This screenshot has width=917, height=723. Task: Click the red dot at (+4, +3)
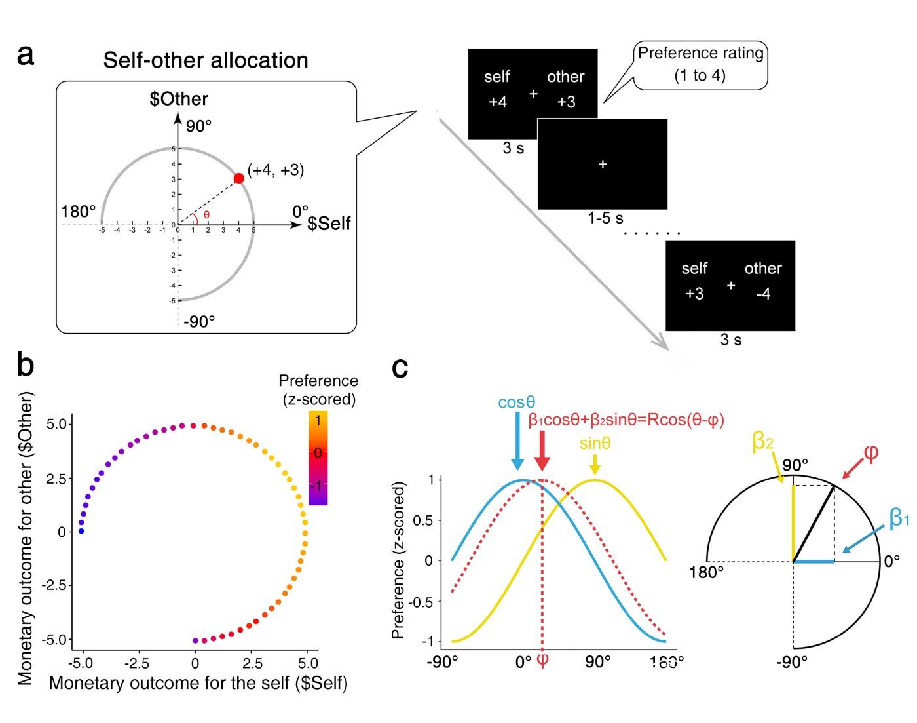[x=239, y=178]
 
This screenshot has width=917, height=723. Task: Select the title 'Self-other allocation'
[x=206, y=60]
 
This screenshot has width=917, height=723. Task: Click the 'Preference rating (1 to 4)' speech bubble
[x=700, y=64]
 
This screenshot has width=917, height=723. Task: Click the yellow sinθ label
[x=595, y=444]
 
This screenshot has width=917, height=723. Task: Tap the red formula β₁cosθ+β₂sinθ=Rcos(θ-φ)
[x=626, y=420]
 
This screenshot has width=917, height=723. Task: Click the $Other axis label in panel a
[x=179, y=99]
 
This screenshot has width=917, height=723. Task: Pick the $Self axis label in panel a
[x=329, y=224]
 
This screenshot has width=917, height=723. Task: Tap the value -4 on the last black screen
[x=763, y=293]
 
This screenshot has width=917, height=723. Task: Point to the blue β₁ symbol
[x=899, y=518]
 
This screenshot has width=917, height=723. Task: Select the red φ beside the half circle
[x=871, y=453]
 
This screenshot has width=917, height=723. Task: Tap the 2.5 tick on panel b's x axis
[x=252, y=663]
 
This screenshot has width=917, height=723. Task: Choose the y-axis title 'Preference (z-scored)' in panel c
[x=398, y=560]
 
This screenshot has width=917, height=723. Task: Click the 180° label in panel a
[x=79, y=212]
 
